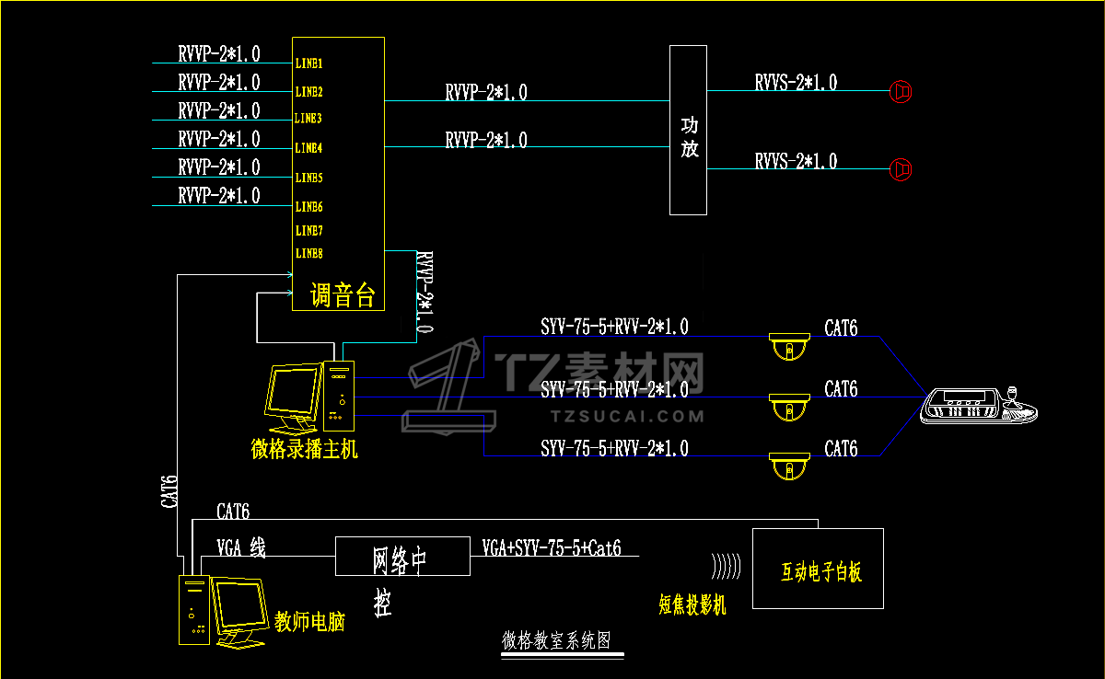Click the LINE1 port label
coord(308,64)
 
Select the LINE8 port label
coord(308,253)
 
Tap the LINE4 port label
coord(308,148)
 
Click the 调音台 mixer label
coord(343,296)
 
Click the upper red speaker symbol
coord(901,91)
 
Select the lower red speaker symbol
coord(901,169)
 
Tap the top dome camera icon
coord(789,346)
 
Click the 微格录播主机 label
coord(305,450)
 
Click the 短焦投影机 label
coord(692,604)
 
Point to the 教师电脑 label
coord(310,622)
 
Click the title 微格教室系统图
coord(555,641)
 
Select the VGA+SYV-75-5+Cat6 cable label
coord(552,548)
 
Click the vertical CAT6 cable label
coord(169,492)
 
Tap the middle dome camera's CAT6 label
coord(841,390)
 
